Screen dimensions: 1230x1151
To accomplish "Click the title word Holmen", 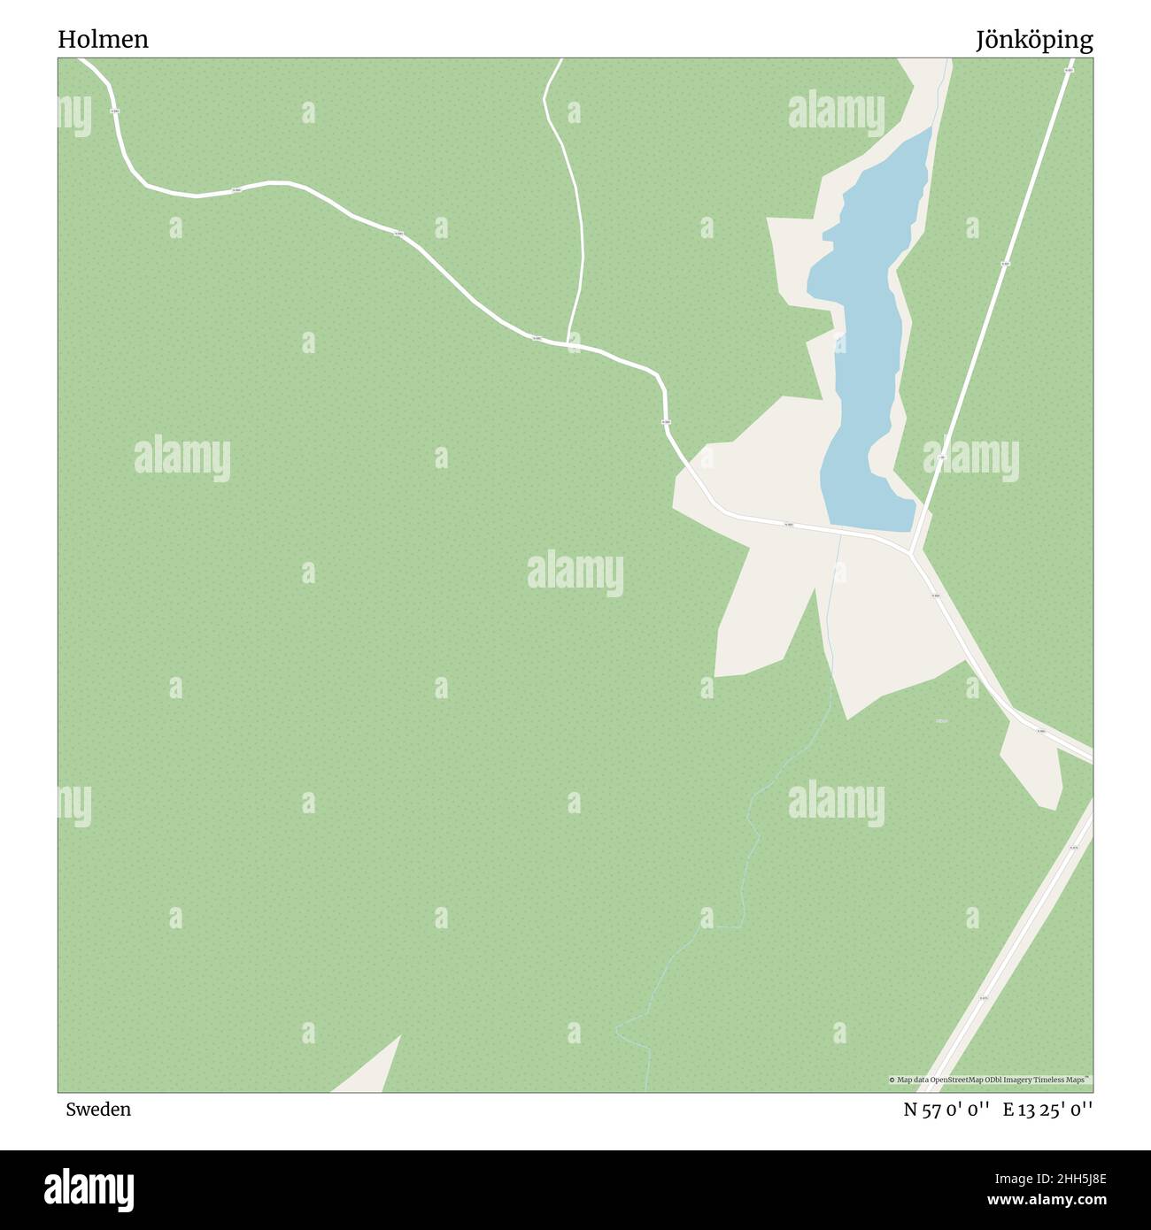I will (x=104, y=40).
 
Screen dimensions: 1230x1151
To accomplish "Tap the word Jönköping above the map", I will (x=1034, y=40).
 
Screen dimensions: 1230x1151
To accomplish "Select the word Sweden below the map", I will (x=97, y=1110).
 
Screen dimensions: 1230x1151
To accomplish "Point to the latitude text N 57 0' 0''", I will (x=946, y=1110).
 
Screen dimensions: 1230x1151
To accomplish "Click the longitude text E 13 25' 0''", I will (x=1047, y=1110).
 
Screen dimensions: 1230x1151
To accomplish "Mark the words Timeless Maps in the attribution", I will (x=1063, y=1080).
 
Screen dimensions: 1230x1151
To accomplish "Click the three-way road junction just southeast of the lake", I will (x=914, y=551).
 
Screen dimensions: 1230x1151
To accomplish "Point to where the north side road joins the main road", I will (x=568, y=342).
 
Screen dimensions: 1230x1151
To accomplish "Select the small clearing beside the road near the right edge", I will (x=1032, y=762).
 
